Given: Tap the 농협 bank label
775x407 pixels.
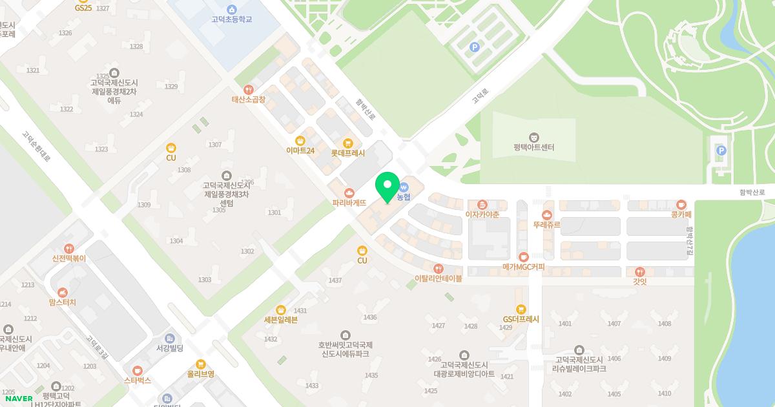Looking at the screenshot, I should pos(404,196).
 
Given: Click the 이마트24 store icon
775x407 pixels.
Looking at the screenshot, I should pos(300,140).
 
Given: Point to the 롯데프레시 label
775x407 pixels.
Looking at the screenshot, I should pos(347,153).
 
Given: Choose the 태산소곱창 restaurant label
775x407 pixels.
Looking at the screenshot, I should pos(249,100).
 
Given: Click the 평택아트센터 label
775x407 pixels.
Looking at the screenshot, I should pos(534,147).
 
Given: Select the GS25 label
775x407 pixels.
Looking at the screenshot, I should pos(83,8).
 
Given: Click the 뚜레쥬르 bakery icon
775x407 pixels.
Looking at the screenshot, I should pos(547,214).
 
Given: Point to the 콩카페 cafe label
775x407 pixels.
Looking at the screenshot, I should pos(681,214).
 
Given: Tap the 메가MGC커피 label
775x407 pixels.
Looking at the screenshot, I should pos(523,267).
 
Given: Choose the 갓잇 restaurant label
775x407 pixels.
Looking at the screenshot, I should pos(639,282).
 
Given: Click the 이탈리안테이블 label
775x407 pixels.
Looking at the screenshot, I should pos(439,278).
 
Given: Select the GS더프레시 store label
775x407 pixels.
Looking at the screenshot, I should pos(521,319).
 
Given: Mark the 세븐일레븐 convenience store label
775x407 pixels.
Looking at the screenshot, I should pos(280,320).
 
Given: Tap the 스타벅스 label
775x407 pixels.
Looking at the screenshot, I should pos(137,381).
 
